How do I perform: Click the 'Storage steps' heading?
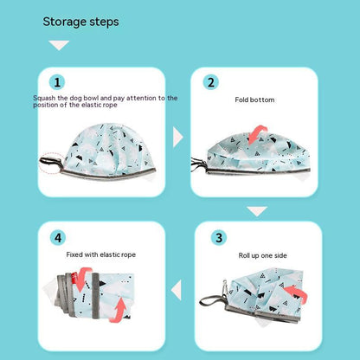(80, 22)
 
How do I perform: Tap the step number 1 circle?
(57, 82)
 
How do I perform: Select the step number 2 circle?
(211, 82)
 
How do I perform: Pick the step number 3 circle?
(219, 238)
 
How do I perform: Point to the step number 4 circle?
(58, 238)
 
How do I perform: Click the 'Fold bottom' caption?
(254, 100)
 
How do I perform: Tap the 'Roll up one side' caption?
(262, 255)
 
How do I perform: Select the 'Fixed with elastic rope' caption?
(101, 254)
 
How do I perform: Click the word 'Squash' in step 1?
(44, 98)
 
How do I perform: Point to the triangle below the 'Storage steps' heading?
(59, 45)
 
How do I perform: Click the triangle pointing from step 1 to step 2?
(177, 138)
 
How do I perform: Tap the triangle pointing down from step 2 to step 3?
(257, 211)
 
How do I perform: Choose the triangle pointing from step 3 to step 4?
(177, 290)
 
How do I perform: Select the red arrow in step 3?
(297, 292)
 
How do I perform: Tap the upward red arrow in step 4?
(119, 309)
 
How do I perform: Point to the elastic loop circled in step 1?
(51, 164)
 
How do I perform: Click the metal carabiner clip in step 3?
(225, 287)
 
